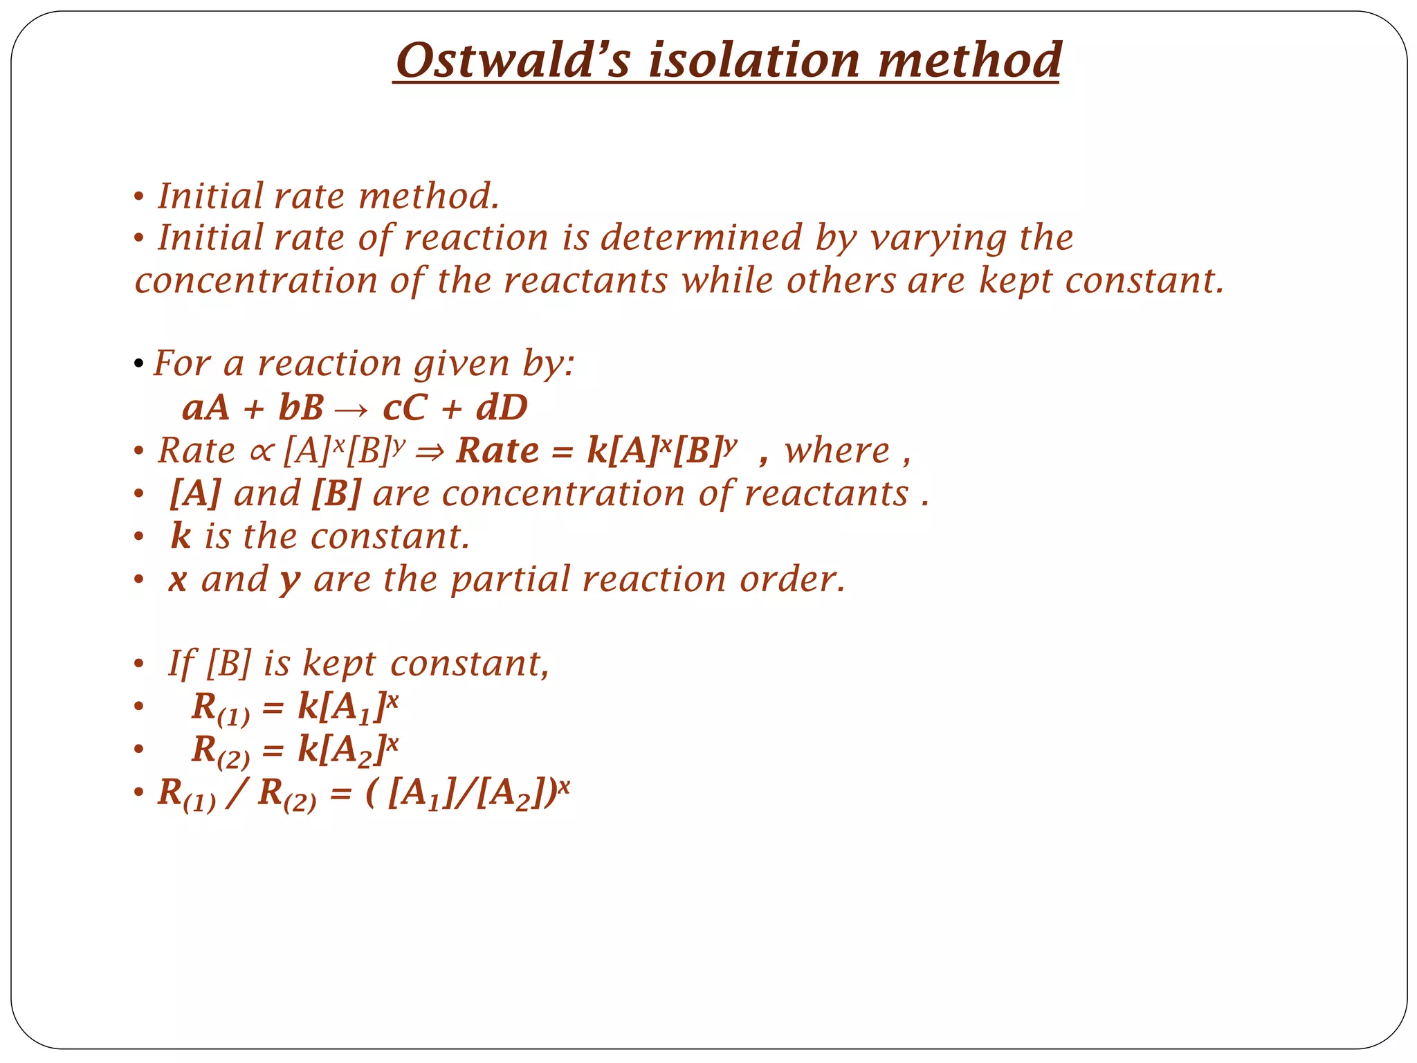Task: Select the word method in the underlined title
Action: (x=969, y=60)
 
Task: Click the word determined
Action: (x=701, y=237)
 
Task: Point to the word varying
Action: (x=938, y=239)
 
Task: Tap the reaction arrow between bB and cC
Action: (x=352, y=409)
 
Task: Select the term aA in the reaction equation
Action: (x=205, y=408)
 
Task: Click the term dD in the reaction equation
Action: (x=502, y=408)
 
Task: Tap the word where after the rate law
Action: (x=837, y=451)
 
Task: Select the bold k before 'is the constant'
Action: (x=180, y=536)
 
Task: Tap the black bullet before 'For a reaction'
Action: (x=139, y=364)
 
